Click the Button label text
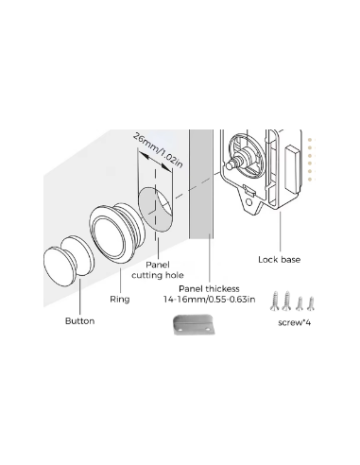(x=79, y=321)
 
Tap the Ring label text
(x=120, y=299)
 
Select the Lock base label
(x=279, y=260)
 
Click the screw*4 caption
(x=295, y=323)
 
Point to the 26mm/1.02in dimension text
(x=158, y=150)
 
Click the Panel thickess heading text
(x=209, y=289)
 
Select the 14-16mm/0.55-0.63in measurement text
(x=209, y=300)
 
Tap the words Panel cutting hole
(x=158, y=270)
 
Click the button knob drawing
(x=69, y=261)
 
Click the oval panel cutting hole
(x=156, y=209)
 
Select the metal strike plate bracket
(x=195, y=324)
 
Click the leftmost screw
(x=275, y=301)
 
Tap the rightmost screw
(x=311, y=303)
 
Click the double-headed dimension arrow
(x=156, y=161)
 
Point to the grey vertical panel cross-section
(x=201, y=184)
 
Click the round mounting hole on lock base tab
(x=249, y=202)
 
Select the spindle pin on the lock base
(x=231, y=164)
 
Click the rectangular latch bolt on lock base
(x=293, y=168)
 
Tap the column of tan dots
(x=310, y=160)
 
